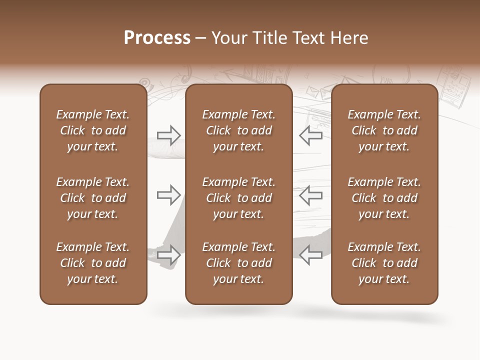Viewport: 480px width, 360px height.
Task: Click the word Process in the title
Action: (x=157, y=38)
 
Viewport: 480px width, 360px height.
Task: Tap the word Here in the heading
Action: (x=349, y=38)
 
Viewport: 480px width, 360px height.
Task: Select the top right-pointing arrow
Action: (x=169, y=135)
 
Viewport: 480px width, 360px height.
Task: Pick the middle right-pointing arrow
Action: (x=169, y=195)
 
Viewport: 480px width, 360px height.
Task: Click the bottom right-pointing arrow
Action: (x=169, y=255)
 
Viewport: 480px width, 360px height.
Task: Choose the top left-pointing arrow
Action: (x=310, y=135)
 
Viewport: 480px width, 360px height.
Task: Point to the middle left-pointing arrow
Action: (x=310, y=195)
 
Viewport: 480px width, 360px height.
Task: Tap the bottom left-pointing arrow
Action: (x=310, y=255)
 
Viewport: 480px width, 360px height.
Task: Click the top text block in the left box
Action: (x=93, y=130)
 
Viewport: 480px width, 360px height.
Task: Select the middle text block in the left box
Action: (x=93, y=198)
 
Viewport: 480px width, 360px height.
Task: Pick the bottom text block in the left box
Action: (x=93, y=263)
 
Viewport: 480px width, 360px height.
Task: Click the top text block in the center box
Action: (x=239, y=130)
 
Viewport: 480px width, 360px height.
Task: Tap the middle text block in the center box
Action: (x=239, y=198)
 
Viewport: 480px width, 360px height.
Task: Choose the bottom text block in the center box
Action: (x=239, y=263)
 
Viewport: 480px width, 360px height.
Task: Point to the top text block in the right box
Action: (x=384, y=130)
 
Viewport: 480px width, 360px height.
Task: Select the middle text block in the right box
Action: (x=384, y=198)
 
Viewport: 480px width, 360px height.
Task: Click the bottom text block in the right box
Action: (x=384, y=263)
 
